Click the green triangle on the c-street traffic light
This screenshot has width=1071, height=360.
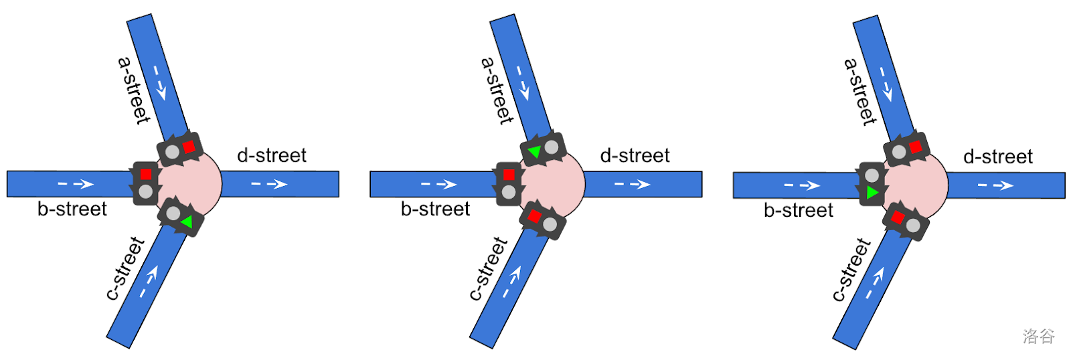pyautogui.click(x=187, y=222)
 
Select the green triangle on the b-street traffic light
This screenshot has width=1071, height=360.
pyautogui.click(x=872, y=193)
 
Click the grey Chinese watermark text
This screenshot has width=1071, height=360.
pyautogui.click(x=1038, y=336)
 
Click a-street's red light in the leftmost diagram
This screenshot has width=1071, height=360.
pyautogui.click(x=189, y=147)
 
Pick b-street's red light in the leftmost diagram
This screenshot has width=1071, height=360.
pyautogui.click(x=146, y=174)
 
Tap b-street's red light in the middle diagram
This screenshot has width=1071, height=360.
pyautogui.click(x=509, y=175)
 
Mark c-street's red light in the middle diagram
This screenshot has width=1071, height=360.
pyautogui.click(x=534, y=216)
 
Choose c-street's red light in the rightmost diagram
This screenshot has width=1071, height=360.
pyautogui.click(x=898, y=217)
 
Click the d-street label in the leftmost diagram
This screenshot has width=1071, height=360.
pyautogui.click(x=272, y=155)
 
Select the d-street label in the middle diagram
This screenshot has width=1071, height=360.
pyautogui.click(x=635, y=156)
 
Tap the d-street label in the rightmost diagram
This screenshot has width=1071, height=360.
pyautogui.click(x=997, y=157)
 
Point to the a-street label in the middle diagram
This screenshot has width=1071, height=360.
pyautogui.click(x=497, y=91)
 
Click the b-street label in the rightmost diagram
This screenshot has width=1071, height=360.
pyautogui.click(x=799, y=211)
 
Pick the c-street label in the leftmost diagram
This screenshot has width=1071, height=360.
pyautogui.click(x=125, y=268)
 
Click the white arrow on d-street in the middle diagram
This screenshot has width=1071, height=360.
pyautogui.click(x=632, y=184)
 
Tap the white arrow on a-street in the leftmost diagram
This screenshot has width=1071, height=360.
pyautogui.click(x=159, y=82)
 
